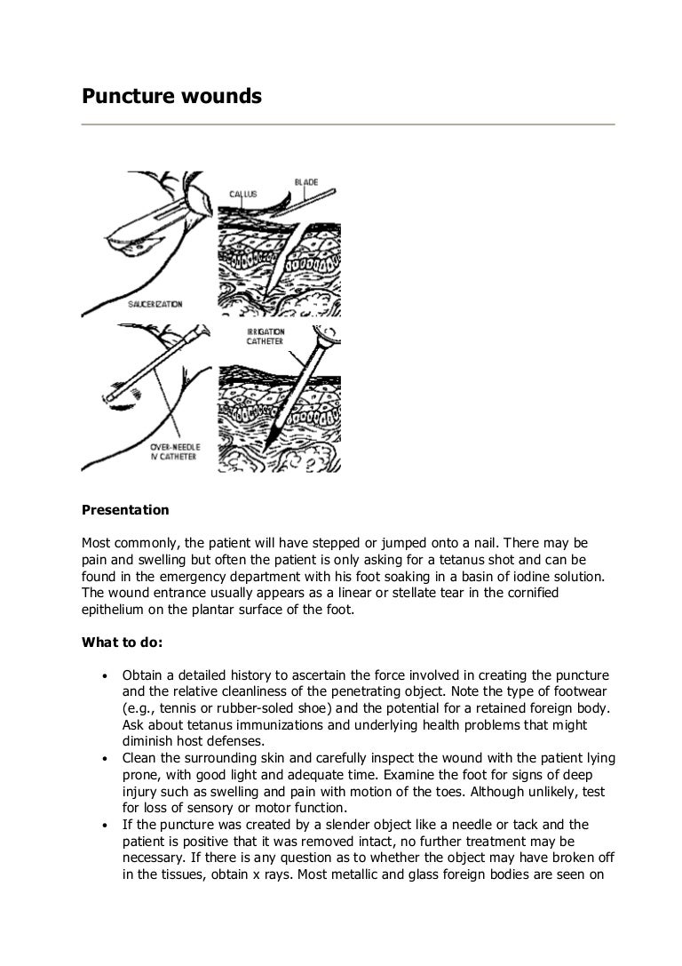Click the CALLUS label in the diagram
pos(243,193)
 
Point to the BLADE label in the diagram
pos(306,183)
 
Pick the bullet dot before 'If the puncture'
pos(104,826)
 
